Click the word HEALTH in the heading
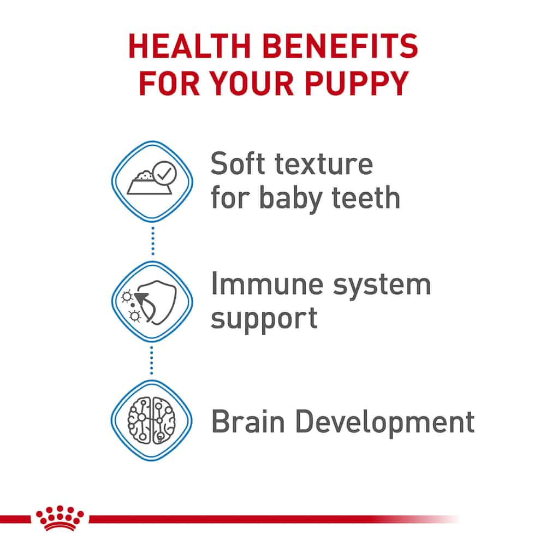[x=190, y=46]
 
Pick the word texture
[x=324, y=164]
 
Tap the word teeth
[x=366, y=198]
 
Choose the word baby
[x=291, y=199]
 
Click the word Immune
[x=268, y=284]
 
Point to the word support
[x=264, y=319]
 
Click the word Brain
[x=248, y=422]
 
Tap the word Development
[x=385, y=423]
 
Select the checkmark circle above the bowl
[x=165, y=173]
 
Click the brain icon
[x=152, y=420]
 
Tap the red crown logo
[x=60, y=518]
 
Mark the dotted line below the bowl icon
[x=153, y=241]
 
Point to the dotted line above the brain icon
[x=151, y=361]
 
